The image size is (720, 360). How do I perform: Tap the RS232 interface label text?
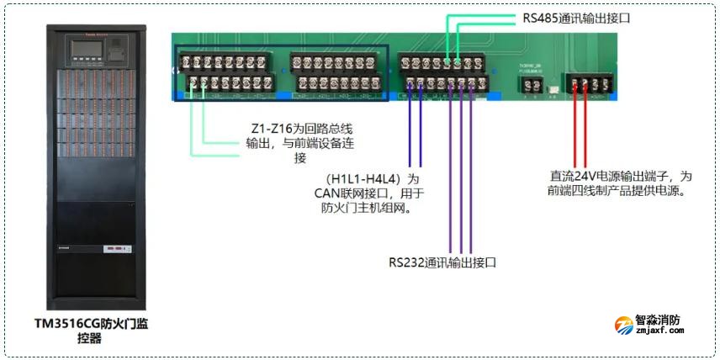[x=442, y=262]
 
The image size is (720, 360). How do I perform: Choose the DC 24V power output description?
[x=621, y=183]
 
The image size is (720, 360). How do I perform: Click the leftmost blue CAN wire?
[x=410, y=130]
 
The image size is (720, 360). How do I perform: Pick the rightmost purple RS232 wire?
[x=471, y=168]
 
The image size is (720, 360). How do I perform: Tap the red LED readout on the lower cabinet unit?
[x=114, y=249]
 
